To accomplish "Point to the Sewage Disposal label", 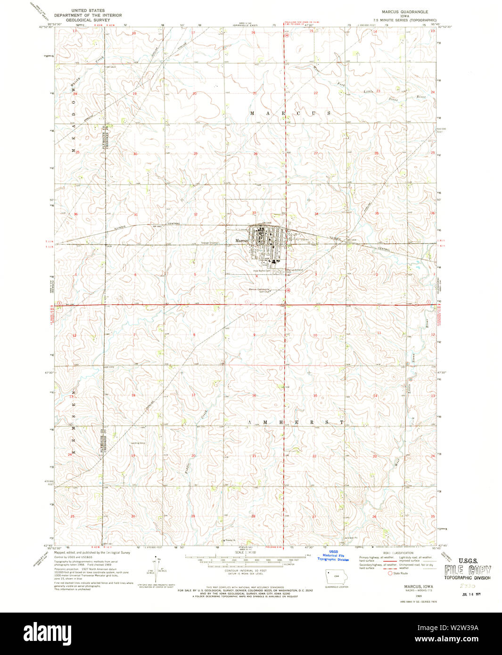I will click(x=210, y=243).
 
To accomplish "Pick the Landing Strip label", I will click(x=138, y=443).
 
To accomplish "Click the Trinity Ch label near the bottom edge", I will click(x=230, y=540).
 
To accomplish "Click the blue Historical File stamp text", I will click(x=333, y=557).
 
